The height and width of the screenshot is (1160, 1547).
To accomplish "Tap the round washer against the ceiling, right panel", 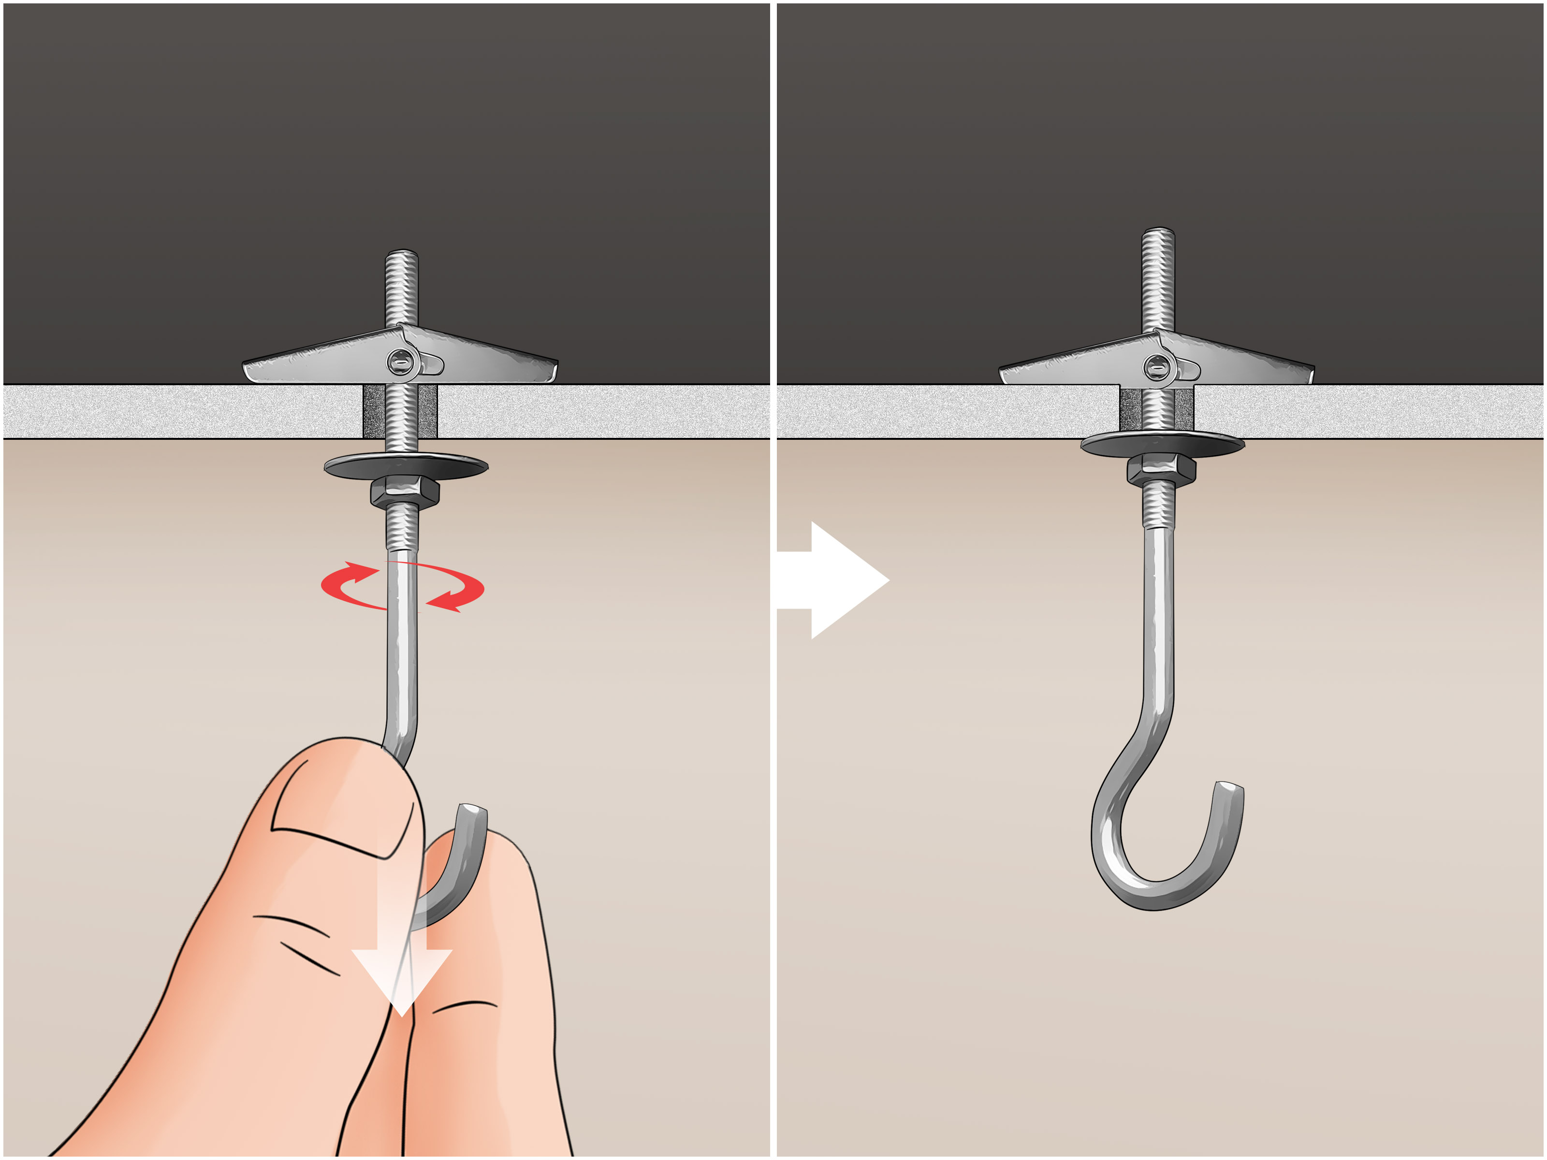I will (1162, 444).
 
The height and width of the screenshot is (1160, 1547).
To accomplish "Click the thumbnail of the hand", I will (336, 804).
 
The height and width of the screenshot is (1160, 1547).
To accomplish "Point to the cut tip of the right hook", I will (1232, 789).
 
